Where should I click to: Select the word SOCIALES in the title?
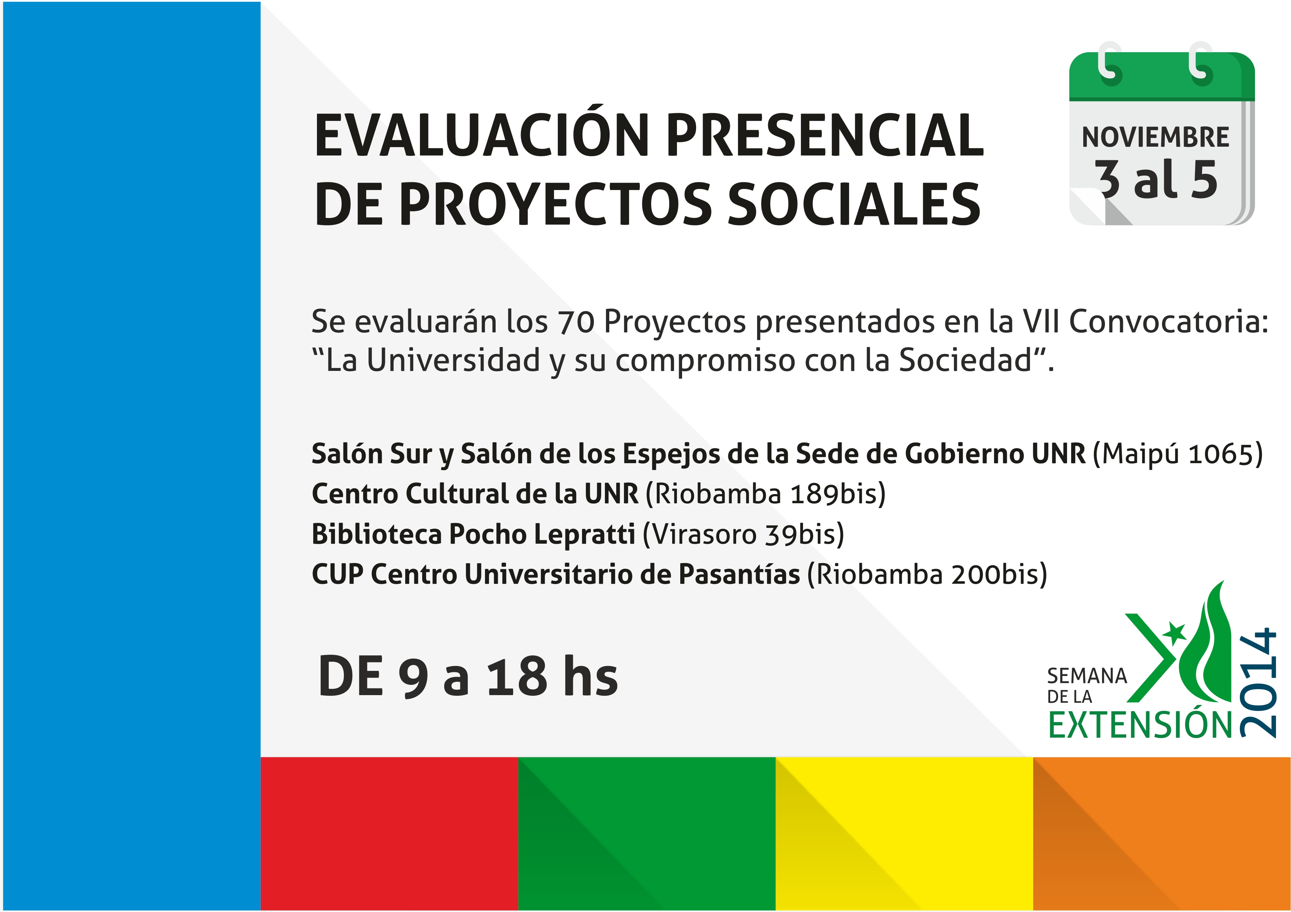(x=853, y=204)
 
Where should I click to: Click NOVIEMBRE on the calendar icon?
(x=1155, y=137)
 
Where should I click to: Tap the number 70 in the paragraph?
(x=576, y=322)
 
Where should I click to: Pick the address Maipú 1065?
(x=1178, y=454)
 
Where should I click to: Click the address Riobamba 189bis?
(x=765, y=494)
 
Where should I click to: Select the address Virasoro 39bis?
(x=743, y=534)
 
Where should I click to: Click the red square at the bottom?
(x=389, y=834)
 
